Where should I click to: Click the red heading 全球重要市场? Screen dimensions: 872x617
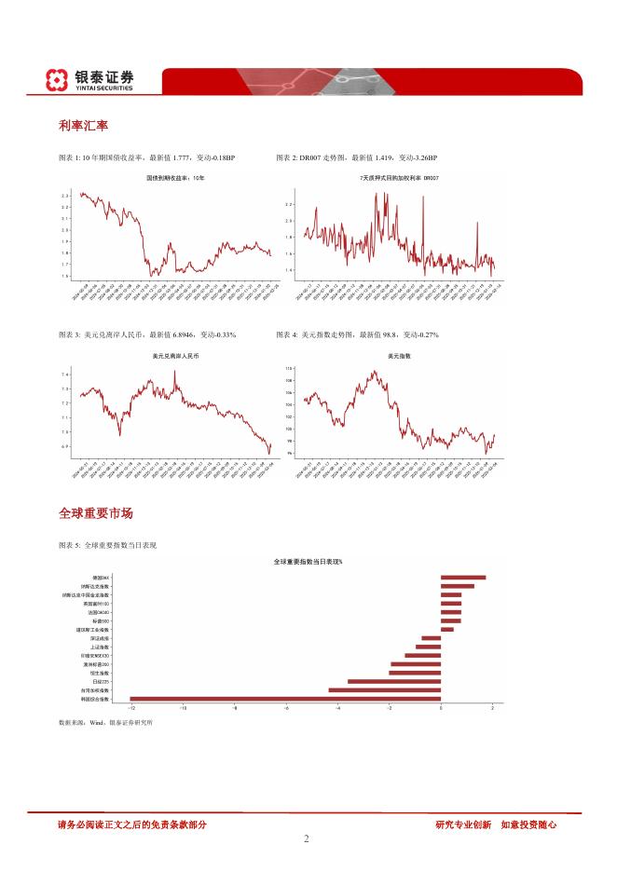click(95, 513)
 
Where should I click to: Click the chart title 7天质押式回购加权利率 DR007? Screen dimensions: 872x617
click(400, 177)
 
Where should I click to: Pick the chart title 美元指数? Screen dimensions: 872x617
click(400, 356)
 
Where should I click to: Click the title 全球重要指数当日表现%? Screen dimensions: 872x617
click(308, 563)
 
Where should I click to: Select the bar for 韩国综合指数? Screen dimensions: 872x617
click(285, 699)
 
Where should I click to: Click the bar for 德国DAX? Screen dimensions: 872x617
click(463, 578)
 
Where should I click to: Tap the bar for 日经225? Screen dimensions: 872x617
click(394, 681)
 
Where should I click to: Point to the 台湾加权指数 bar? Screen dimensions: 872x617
click(384, 690)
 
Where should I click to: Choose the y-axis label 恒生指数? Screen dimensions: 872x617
click(100, 673)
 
